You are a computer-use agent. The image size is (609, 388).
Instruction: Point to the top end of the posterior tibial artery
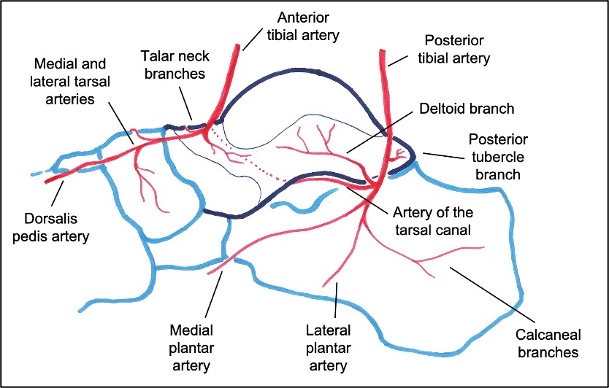pos(382,51)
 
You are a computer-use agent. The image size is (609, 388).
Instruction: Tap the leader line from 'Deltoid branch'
pos(383,139)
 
